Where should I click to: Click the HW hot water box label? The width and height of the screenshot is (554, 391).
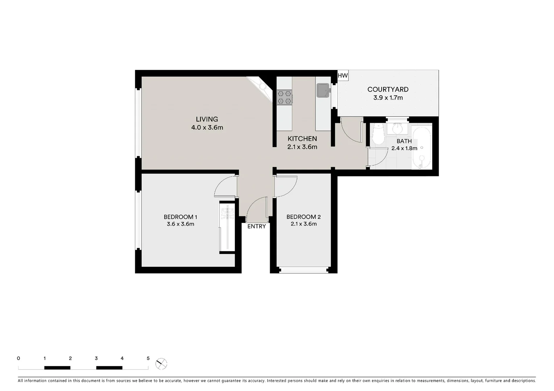[343, 76]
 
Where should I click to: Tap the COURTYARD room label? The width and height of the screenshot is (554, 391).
[388, 89]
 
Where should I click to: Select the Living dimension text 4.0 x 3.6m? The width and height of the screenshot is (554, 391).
[207, 127]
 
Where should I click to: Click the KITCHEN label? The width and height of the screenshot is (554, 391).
[302, 139]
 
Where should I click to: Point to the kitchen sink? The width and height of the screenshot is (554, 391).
[323, 91]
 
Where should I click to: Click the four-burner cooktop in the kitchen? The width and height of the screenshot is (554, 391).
[285, 97]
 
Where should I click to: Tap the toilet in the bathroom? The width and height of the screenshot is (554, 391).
[378, 135]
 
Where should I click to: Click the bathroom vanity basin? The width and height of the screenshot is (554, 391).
[397, 128]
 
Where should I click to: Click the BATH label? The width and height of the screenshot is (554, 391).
[404, 141]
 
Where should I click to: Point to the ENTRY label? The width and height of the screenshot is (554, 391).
[256, 227]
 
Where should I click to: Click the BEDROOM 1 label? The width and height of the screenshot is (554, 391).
[180, 217]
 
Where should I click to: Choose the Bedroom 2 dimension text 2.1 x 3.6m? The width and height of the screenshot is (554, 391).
[303, 224]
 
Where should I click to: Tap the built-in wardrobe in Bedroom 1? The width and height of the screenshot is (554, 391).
[227, 227]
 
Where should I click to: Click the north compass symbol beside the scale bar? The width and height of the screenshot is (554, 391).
[161, 363]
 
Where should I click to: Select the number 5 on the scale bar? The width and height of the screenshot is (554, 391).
[148, 358]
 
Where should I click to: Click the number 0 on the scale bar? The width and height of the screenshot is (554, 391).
[18, 358]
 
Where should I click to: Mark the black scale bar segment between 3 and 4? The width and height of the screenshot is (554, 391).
[109, 368]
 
